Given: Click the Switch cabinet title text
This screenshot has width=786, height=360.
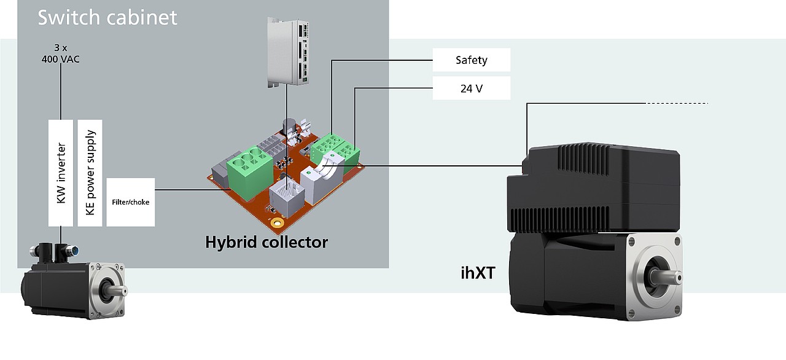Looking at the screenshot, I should [107, 17].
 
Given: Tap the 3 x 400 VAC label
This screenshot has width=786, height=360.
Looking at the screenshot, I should [60, 53].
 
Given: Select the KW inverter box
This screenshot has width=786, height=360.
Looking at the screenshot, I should [61, 173].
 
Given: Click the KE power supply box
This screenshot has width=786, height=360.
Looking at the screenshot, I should [90, 173].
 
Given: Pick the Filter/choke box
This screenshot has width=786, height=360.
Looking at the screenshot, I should [130, 202].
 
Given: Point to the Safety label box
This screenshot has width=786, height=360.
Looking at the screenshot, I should [472, 60].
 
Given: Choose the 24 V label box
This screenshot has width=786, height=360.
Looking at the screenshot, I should [472, 88].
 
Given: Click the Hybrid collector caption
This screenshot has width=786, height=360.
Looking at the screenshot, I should [267, 242].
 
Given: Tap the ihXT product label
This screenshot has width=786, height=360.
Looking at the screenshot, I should [477, 272].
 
